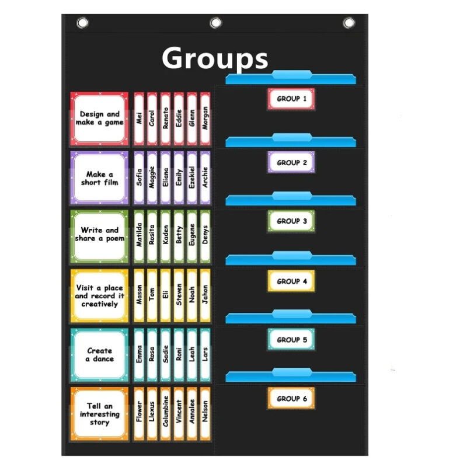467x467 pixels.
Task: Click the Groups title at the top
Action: click(x=215, y=58)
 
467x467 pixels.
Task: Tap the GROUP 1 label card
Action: click(x=291, y=99)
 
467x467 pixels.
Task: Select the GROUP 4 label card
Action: click(x=291, y=281)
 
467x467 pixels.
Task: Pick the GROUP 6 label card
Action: click(x=291, y=398)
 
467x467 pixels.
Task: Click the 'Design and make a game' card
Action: click(x=99, y=119)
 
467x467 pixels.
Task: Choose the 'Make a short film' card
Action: click(x=99, y=178)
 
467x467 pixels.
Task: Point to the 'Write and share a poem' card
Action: click(x=99, y=234)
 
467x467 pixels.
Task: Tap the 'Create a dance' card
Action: click(x=99, y=354)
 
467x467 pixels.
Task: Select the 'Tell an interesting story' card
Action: click(x=99, y=414)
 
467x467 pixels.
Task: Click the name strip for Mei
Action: click(x=139, y=119)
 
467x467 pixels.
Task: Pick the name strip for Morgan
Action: click(x=205, y=119)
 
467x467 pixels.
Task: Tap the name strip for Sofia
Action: click(x=139, y=177)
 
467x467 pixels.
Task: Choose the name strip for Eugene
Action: click(x=192, y=235)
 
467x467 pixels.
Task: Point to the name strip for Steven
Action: click(x=179, y=295)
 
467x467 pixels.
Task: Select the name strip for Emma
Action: click(x=139, y=354)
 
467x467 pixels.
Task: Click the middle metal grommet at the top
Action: click(x=216, y=23)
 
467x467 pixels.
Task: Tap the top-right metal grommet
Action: click(x=348, y=23)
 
